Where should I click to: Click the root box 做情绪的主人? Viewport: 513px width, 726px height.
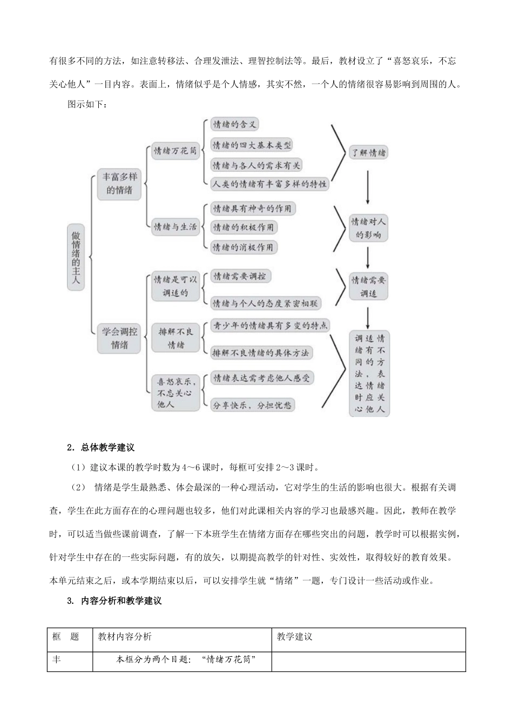76,257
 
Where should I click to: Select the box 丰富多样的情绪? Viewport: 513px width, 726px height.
119,184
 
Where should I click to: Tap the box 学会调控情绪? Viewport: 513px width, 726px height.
119,338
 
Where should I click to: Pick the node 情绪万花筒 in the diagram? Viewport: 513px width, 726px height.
174,151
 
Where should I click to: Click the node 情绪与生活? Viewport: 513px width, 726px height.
174,227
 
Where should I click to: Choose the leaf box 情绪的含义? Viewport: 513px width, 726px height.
234,125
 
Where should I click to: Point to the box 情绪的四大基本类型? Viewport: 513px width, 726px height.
252,145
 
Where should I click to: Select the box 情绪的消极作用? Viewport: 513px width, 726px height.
243,247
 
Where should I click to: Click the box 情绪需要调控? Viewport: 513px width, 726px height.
240,276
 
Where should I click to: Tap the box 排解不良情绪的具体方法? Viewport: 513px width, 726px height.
261,353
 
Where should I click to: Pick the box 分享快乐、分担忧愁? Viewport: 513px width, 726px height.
253,405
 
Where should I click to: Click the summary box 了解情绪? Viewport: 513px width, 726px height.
368,153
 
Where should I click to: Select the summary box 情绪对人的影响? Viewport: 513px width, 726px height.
368,228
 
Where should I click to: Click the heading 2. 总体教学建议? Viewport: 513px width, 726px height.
100,447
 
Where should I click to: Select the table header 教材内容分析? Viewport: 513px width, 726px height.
125,636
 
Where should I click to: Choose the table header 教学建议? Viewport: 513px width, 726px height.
295,636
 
